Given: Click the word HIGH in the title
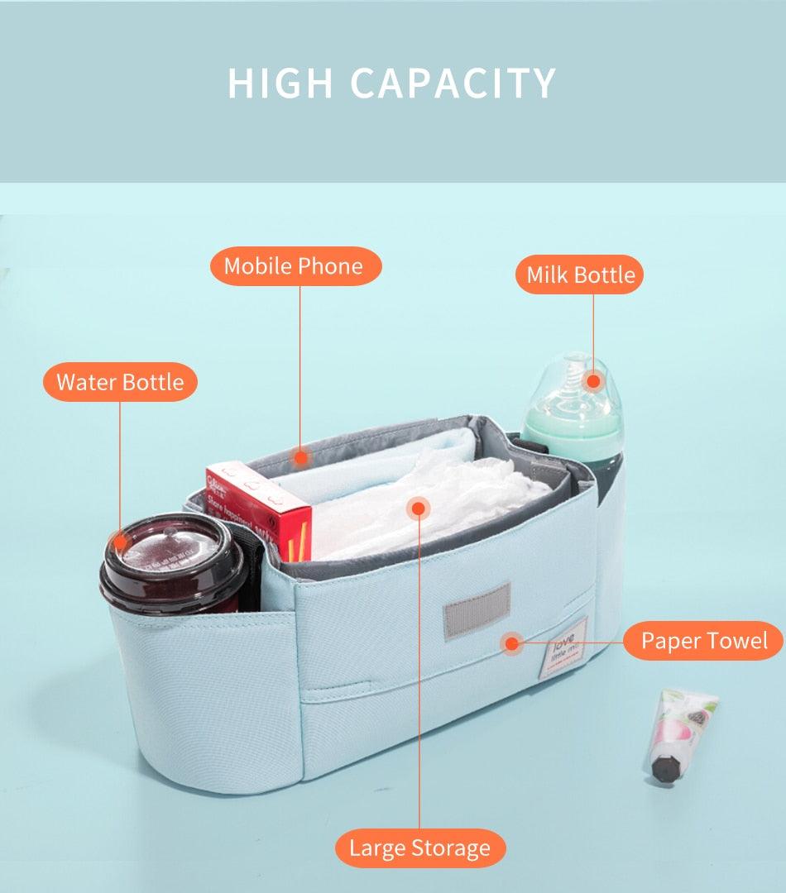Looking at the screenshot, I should [x=280, y=84].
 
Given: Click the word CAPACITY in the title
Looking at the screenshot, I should [x=453, y=84].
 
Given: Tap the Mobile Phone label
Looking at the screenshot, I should [x=294, y=266].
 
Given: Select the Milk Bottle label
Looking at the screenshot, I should [x=582, y=275].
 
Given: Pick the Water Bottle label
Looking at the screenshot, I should [x=120, y=382].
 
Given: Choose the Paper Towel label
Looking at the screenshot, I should [x=704, y=641].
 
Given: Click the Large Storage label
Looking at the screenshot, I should [x=419, y=848].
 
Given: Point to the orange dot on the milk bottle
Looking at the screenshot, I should [x=592, y=382].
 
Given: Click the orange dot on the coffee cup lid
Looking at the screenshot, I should [x=121, y=542].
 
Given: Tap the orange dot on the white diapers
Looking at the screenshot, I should [x=419, y=507].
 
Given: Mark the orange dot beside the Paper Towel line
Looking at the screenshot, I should [x=513, y=642].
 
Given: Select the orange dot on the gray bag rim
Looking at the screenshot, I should [x=301, y=456].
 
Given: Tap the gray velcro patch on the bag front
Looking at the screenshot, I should [x=476, y=610].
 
